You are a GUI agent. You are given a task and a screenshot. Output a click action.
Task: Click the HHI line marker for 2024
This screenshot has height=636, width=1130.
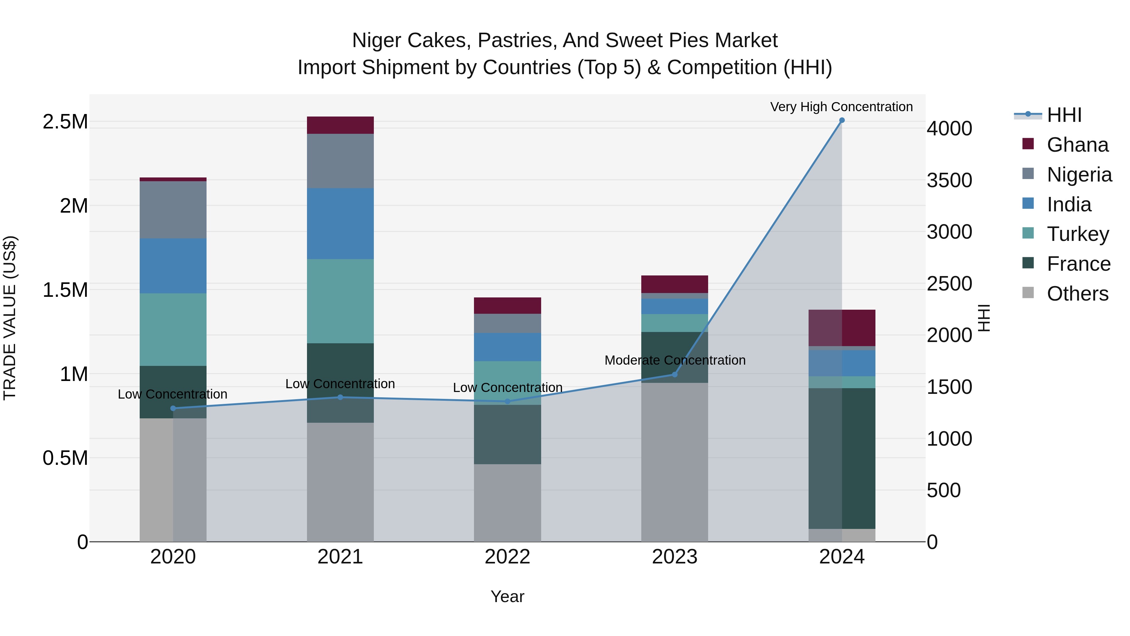pos(841,120)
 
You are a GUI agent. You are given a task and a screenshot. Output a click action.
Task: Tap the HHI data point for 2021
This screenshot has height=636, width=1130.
pos(340,397)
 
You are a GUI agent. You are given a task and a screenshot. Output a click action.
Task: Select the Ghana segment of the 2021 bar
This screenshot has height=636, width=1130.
pos(340,125)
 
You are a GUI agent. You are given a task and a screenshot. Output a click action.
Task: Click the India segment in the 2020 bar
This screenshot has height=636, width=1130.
pos(173,266)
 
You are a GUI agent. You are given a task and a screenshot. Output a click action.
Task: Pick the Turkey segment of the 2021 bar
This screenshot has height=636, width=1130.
pos(340,301)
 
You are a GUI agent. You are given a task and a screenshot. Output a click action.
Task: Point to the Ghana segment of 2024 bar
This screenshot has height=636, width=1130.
pos(841,328)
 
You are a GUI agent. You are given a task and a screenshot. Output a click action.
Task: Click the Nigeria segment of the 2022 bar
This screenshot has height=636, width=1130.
pos(507,323)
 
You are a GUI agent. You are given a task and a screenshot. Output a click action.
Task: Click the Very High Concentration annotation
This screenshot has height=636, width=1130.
pos(841,107)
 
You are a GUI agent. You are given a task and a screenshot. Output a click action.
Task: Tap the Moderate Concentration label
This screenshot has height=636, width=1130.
pos(675,360)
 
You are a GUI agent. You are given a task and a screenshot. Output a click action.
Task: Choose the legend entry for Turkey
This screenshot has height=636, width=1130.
pos(1077,234)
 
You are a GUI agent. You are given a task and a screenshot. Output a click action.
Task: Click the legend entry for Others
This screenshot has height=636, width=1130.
pos(1077,294)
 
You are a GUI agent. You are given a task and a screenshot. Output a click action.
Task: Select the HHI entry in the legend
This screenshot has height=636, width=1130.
pos(1064,115)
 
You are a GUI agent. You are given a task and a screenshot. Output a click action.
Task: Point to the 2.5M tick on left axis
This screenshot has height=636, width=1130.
pos(65,122)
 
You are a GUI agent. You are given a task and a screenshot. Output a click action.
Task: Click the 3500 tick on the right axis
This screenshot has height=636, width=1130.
pos(949,180)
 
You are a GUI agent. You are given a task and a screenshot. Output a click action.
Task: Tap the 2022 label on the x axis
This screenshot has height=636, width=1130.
pos(507,557)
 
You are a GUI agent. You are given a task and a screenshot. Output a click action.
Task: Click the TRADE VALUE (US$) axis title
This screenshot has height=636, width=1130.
pos(10,318)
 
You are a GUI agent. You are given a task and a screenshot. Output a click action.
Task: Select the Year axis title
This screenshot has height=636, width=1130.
pos(507,596)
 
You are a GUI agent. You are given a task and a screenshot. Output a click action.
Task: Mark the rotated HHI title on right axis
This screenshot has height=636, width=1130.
pos(984,318)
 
